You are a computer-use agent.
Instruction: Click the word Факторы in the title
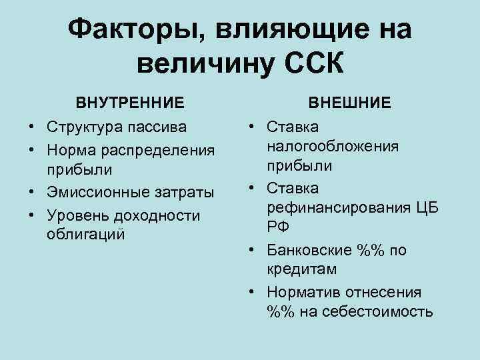point(133,29)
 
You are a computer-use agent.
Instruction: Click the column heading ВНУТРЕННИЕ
point(130,103)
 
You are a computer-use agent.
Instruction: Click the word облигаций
point(85,236)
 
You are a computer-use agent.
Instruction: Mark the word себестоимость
point(377,311)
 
